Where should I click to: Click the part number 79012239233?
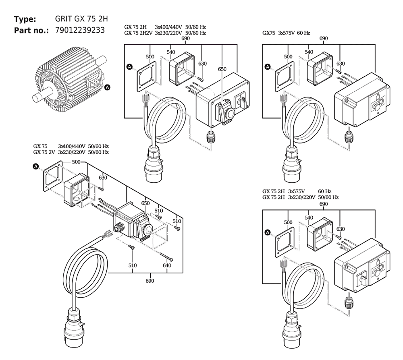[x=80, y=30]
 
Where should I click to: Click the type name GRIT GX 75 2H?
[x=81, y=19]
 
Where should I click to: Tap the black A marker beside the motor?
[x=108, y=87]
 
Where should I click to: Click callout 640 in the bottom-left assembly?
[x=167, y=265]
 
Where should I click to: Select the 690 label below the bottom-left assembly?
[x=150, y=281]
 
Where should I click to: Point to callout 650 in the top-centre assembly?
[x=222, y=69]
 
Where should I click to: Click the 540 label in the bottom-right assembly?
[x=309, y=217]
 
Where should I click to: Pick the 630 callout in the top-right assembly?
[x=341, y=64]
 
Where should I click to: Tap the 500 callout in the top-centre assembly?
[x=150, y=56]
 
